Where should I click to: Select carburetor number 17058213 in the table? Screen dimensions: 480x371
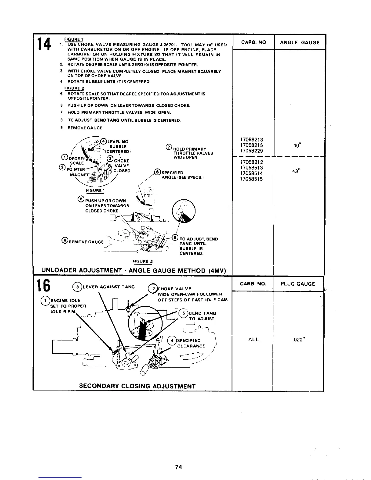[251, 140]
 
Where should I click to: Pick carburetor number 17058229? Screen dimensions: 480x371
[251, 151]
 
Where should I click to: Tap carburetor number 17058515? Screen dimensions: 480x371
[251, 179]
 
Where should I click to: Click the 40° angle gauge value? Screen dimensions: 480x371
[297, 145]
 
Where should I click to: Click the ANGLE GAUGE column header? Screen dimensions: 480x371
[299, 43]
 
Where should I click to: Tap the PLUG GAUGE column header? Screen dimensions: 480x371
[298, 284]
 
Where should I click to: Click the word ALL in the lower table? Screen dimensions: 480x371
[253, 340]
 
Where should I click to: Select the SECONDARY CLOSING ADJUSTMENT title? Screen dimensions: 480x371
[137, 386]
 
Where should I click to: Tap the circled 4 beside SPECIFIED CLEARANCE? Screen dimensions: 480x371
[172, 340]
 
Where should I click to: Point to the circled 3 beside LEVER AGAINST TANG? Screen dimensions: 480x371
[78, 287]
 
